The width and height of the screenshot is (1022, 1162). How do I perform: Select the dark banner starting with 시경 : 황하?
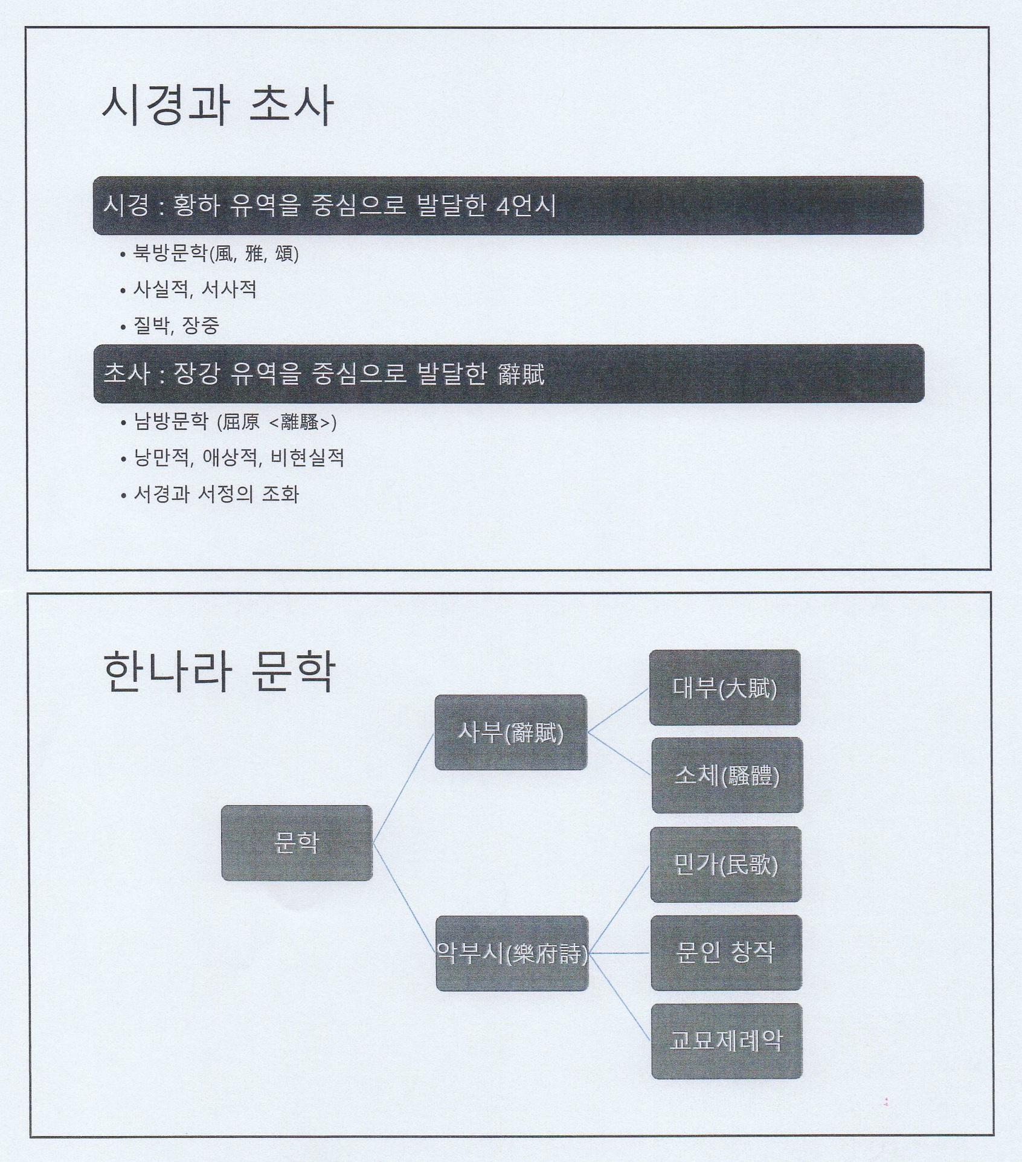507,205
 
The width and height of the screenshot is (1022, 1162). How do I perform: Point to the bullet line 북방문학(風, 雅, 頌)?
216,254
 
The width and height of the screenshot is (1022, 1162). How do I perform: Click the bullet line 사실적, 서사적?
194,289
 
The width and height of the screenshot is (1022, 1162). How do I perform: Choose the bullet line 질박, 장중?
176,326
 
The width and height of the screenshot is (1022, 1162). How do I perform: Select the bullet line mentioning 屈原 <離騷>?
234,422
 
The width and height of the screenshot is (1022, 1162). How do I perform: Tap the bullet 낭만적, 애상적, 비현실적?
239,458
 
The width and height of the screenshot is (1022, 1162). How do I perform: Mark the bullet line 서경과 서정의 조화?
216,494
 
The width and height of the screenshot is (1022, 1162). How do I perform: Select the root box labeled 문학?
297,843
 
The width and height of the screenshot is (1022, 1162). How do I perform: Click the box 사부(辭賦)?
510,733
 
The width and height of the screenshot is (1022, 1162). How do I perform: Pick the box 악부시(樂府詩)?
512,954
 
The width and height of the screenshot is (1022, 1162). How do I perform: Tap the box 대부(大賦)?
725,687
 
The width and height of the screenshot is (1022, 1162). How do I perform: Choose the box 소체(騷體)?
727,775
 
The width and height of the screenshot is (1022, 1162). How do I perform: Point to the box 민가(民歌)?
725,865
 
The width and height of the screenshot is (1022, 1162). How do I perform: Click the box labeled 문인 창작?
726,953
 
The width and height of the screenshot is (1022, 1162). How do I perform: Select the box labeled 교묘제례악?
726,1041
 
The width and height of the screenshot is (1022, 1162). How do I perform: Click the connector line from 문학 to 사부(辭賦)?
403,788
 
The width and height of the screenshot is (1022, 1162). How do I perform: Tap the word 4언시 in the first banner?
525,206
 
